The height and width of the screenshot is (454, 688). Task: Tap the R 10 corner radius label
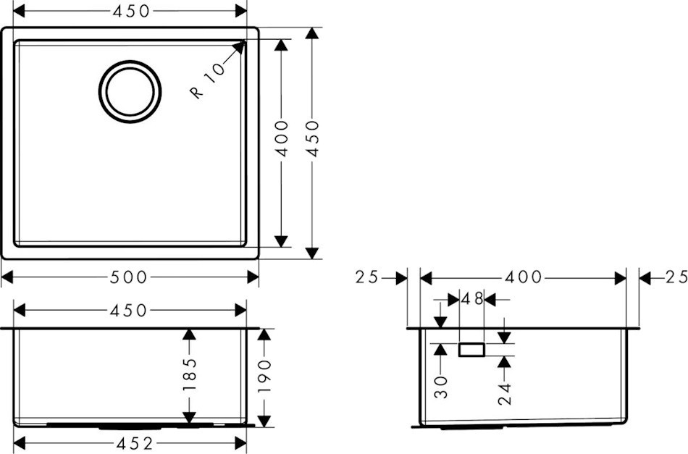tap(207, 80)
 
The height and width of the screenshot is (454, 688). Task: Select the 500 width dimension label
tap(128, 277)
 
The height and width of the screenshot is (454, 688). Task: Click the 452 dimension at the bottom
tap(135, 443)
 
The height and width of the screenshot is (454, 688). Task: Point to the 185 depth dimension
tap(189, 376)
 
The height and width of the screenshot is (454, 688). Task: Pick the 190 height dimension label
tap(264, 377)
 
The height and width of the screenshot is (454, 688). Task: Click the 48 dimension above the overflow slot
tap(472, 299)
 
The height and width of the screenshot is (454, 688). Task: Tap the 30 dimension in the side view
tap(440, 387)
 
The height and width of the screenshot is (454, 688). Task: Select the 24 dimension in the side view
tap(505, 393)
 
